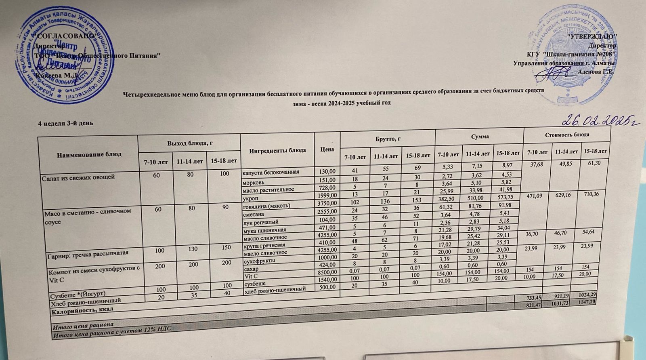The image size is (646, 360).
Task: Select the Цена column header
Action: click(327, 149)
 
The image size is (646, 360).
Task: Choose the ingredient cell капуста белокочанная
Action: click(271, 172)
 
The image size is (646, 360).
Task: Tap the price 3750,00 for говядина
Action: click(327, 203)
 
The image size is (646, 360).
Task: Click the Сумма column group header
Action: click(479, 136)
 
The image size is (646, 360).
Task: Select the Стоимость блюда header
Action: click(567, 134)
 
